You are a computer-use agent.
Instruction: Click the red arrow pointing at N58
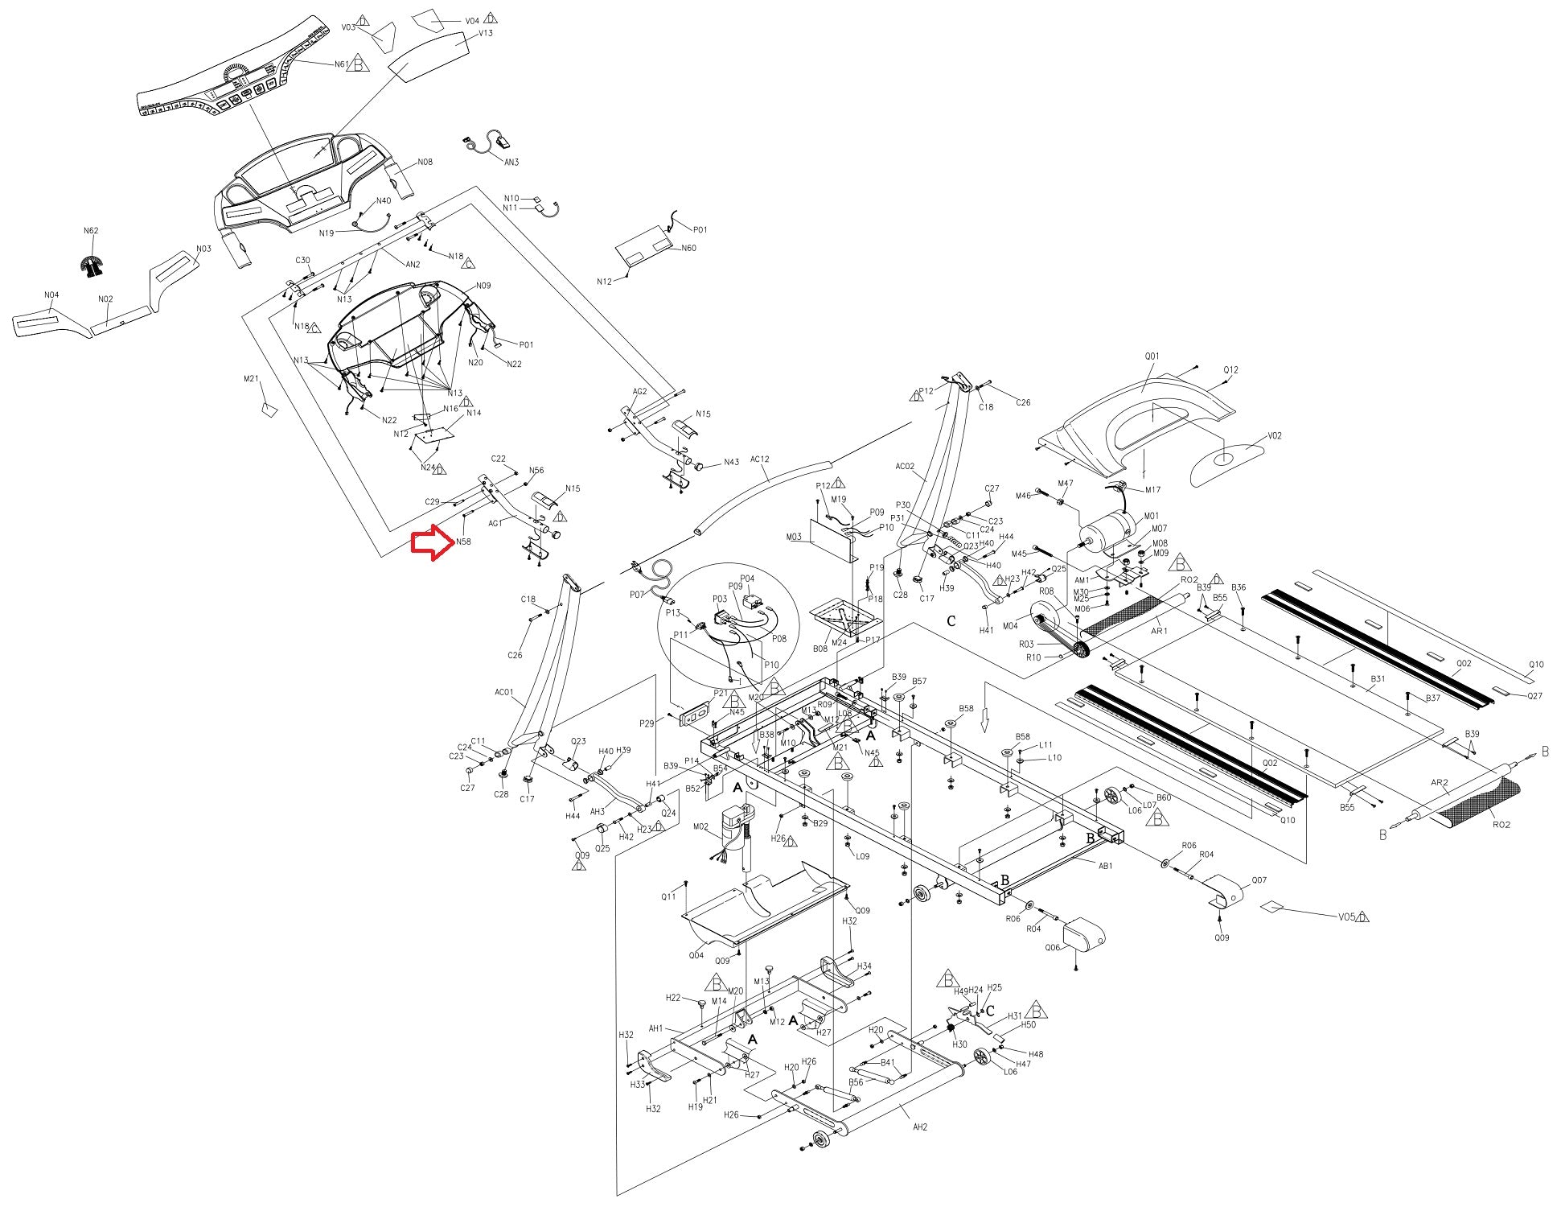432,542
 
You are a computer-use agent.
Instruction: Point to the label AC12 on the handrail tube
759,460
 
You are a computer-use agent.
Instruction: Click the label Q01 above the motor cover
1152,356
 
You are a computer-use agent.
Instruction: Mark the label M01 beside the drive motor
1152,516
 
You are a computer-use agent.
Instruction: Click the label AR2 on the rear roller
1439,782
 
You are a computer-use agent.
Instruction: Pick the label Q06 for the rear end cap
1053,947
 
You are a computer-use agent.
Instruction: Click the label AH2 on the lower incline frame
920,1127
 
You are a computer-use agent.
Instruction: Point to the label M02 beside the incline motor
700,826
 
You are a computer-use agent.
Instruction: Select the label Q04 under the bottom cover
696,955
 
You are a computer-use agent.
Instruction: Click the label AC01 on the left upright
503,692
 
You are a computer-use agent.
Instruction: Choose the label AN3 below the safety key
511,162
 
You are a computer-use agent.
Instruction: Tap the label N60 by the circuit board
688,248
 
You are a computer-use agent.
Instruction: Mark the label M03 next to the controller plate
794,537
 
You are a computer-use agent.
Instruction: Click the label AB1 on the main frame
1105,866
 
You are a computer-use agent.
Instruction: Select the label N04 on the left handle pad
51,295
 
